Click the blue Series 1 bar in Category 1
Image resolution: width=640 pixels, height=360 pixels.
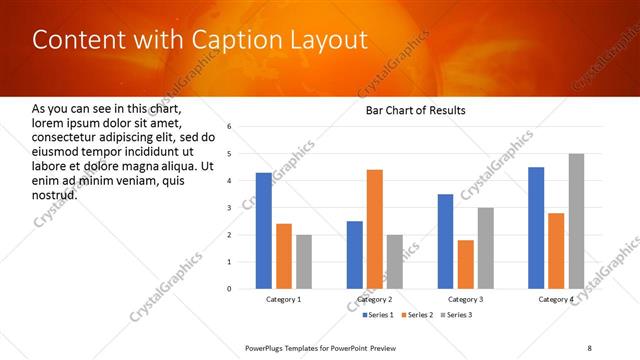[x=264, y=231]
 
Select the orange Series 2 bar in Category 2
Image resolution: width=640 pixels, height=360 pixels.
[x=375, y=229]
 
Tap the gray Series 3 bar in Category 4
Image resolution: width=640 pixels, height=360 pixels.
[x=576, y=221]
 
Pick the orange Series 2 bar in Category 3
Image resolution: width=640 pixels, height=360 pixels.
[x=465, y=264]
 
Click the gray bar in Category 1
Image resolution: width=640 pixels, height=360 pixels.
[x=304, y=262]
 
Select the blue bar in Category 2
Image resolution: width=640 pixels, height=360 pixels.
[x=355, y=255]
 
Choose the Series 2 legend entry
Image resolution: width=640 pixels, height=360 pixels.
[x=416, y=315]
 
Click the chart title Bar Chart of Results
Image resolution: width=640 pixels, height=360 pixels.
[x=415, y=110]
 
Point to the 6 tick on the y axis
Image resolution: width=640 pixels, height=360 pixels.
[x=229, y=127]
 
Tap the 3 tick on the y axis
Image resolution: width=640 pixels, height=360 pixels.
[x=229, y=208]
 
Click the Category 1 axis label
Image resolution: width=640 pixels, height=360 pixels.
[x=284, y=299]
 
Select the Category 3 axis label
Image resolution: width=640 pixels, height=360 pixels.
[x=466, y=299]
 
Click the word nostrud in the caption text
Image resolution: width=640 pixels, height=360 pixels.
[x=55, y=194]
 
